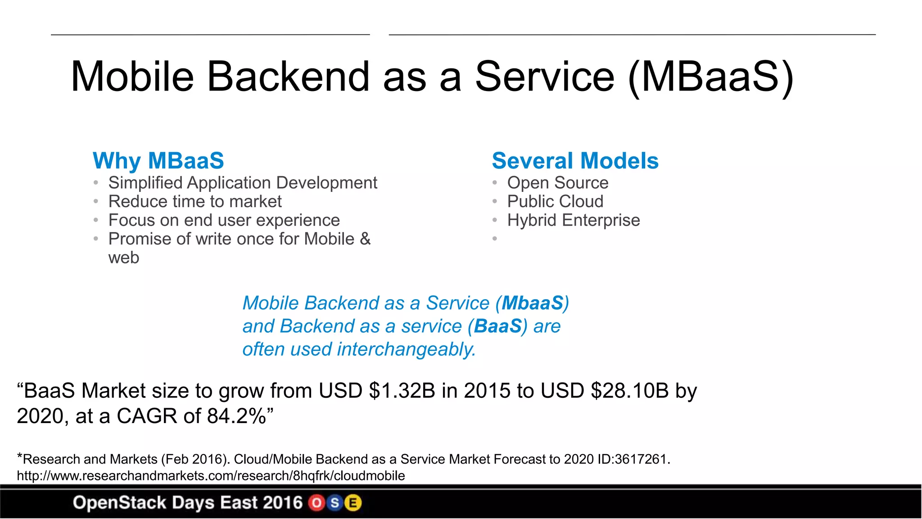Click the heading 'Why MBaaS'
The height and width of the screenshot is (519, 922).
coord(158,161)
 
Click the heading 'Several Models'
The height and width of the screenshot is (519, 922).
coord(575,161)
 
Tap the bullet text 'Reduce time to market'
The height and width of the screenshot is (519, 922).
coord(195,201)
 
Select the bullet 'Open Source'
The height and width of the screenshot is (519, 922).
coord(557,183)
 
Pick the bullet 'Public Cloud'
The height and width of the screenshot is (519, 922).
coord(555,201)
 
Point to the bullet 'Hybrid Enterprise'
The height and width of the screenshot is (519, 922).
coord(573,220)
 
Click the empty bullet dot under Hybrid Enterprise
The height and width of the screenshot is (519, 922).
coord(494,239)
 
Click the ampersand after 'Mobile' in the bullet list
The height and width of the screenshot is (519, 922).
coord(365,239)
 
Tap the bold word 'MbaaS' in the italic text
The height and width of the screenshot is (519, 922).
coord(533,303)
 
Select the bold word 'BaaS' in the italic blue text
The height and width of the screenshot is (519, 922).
coord(497,326)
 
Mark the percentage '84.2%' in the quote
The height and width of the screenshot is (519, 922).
coord(236,416)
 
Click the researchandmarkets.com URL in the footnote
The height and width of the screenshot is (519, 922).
coord(211,476)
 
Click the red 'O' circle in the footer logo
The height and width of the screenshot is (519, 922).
coord(316,503)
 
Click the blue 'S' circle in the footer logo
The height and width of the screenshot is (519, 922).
coord(335,503)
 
